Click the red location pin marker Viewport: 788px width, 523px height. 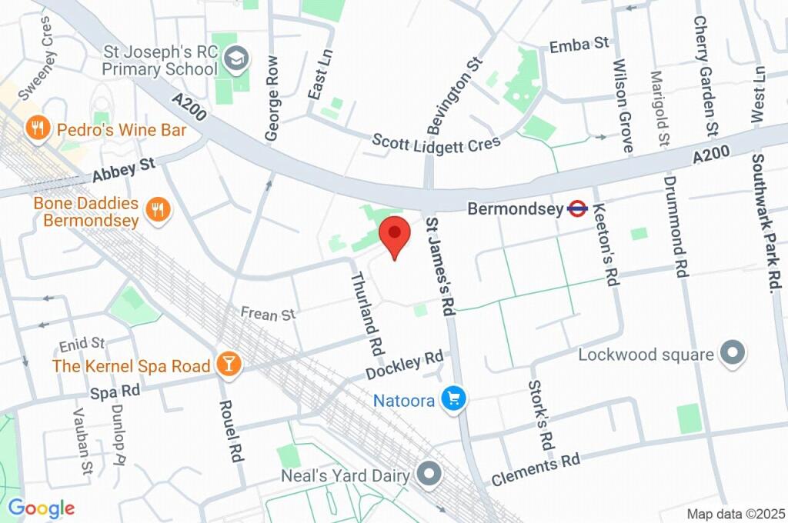pyautogui.click(x=395, y=235)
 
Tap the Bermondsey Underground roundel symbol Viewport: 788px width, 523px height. pyautogui.click(x=578, y=208)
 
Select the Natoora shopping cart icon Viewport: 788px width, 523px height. pyautogui.click(x=453, y=398)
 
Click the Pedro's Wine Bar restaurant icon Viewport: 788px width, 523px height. pyautogui.click(x=35, y=129)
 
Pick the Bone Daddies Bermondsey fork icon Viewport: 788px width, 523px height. pyautogui.click(x=158, y=209)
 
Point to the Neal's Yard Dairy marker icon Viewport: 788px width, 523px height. pyautogui.click(x=428, y=474)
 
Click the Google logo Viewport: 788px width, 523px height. pyautogui.click(x=41, y=508)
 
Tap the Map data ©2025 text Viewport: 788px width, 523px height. pyautogui.click(x=735, y=513)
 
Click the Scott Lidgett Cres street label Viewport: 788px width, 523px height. pyautogui.click(x=436, y=142)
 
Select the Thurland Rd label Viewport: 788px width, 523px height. pyautogui.click(x=367, y=312)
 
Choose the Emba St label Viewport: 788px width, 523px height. pyautogui.click(x=579, y=45)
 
